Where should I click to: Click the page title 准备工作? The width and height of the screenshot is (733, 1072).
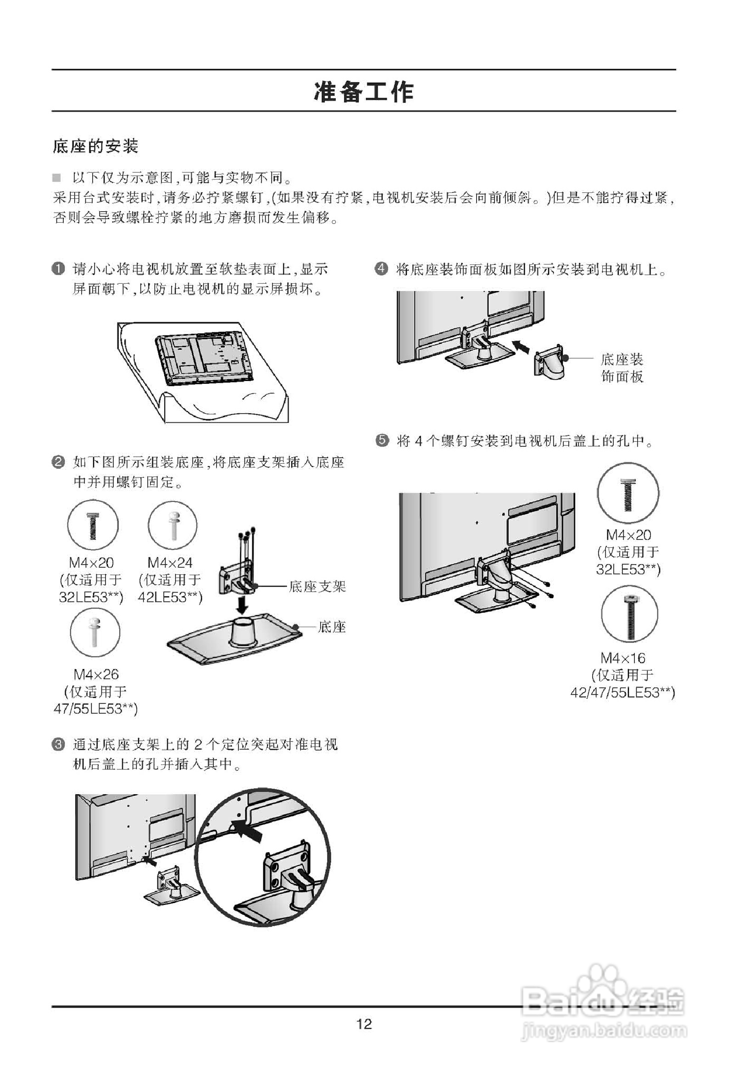click(x=364, y=92)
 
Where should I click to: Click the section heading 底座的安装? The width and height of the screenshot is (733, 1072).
click(x=95, y=146)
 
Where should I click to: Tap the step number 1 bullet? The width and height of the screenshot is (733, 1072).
click(x=59, y=269)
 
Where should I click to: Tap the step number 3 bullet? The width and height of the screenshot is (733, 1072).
click(x=59, y=745)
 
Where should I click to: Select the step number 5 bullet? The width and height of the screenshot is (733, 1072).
click(x=382, y=440)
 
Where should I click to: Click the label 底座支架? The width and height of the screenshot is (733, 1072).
click(x=317, y=586)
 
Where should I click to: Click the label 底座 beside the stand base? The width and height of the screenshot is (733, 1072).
click(x=332, y=627)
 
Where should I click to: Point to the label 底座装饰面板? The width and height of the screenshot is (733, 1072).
click(x=622, y=368)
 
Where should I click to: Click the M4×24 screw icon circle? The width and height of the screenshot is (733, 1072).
click(x=172, y=526)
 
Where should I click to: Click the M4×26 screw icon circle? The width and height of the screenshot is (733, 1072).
click(x=95, y=632)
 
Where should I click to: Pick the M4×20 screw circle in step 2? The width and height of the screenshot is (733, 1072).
click(x=93, y=525)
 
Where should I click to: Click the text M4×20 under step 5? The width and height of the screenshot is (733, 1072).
click(x=628, y=535)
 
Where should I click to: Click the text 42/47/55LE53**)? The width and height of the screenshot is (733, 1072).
click(x=622, y=693)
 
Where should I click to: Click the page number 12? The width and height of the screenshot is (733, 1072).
click(x=364, y=1024)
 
